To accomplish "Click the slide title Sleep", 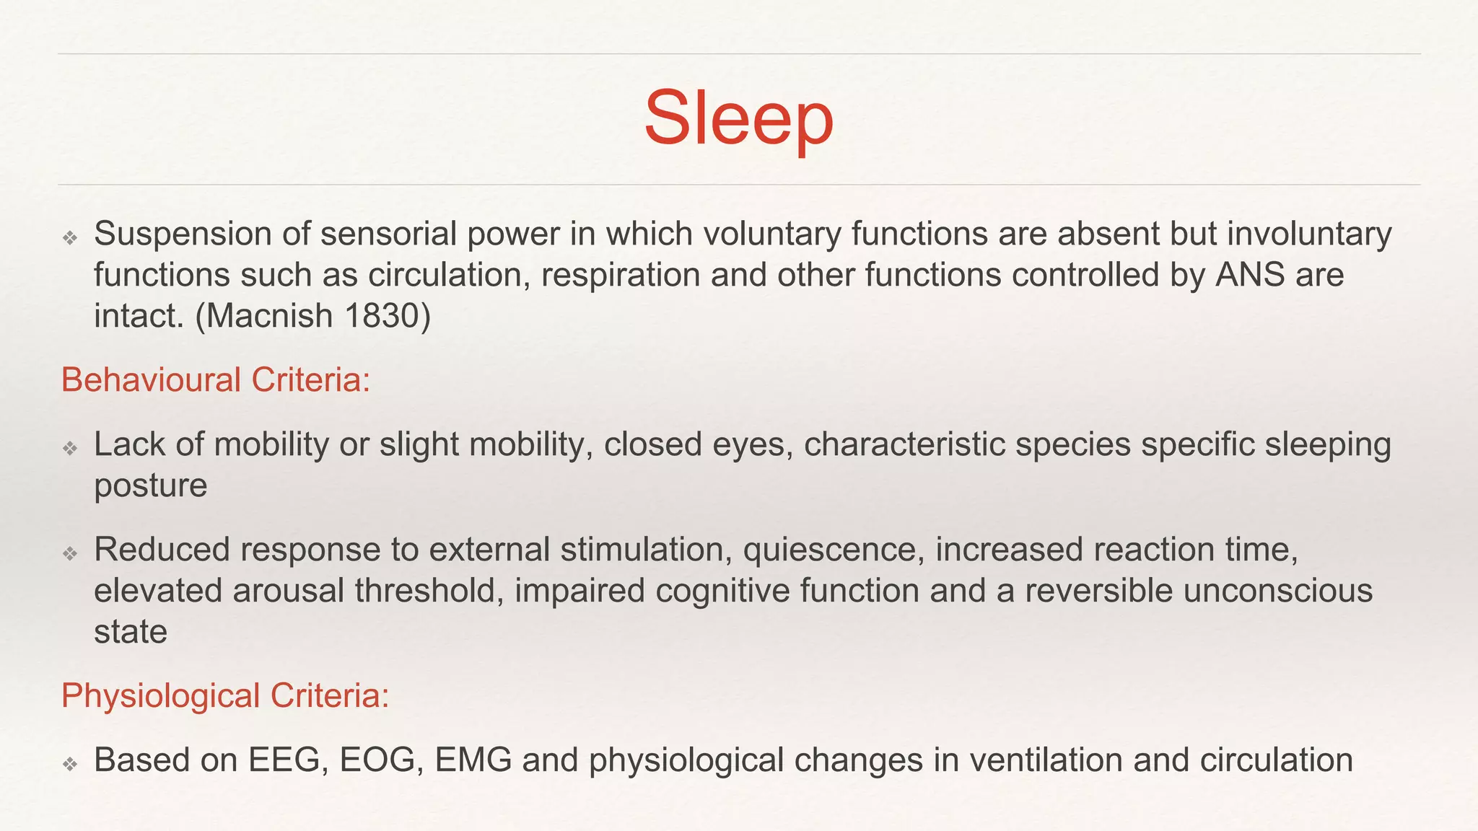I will pos(738,118).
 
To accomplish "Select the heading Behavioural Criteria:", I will pos(215,380).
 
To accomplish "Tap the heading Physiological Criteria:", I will pos(225,696).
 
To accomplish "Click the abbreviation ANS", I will pos(1250,275).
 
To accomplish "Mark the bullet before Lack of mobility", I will pos(70,449).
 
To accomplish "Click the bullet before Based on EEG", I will pos(70,764).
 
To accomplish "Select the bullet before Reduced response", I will pos(70,554).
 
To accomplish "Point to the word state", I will pos(131,632).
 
